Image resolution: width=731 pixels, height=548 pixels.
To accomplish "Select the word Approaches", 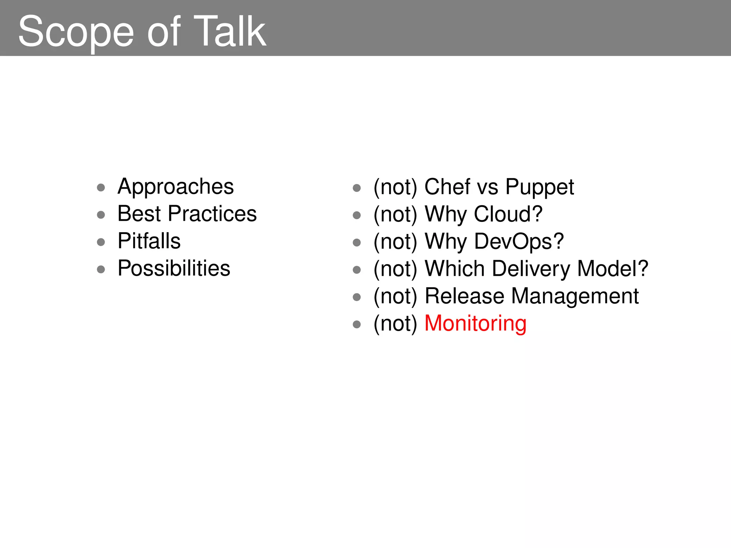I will [x=176, y=187].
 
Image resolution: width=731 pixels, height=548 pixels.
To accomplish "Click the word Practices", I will [x=212, y=214].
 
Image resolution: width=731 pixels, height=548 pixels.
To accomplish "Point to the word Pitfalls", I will [x=149, y=241].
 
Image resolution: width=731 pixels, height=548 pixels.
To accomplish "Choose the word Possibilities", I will [x=174, y=269].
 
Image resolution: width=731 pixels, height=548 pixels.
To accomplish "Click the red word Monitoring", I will [x=475, y=324].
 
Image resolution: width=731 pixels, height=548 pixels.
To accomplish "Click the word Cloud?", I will [x=508, y=214].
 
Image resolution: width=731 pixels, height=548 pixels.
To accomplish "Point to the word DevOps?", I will [x=519, y=242].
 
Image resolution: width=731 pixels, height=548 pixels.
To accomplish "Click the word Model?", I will [x=612, y=269].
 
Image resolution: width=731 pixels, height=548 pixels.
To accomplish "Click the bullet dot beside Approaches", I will [x=101, y=188].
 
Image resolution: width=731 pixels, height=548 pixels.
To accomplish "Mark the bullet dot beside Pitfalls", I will [x=101, y=242].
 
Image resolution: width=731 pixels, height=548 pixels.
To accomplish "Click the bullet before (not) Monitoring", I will [x=357, y=324].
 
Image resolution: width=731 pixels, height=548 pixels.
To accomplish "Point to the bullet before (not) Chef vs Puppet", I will [x=357, y=188].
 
